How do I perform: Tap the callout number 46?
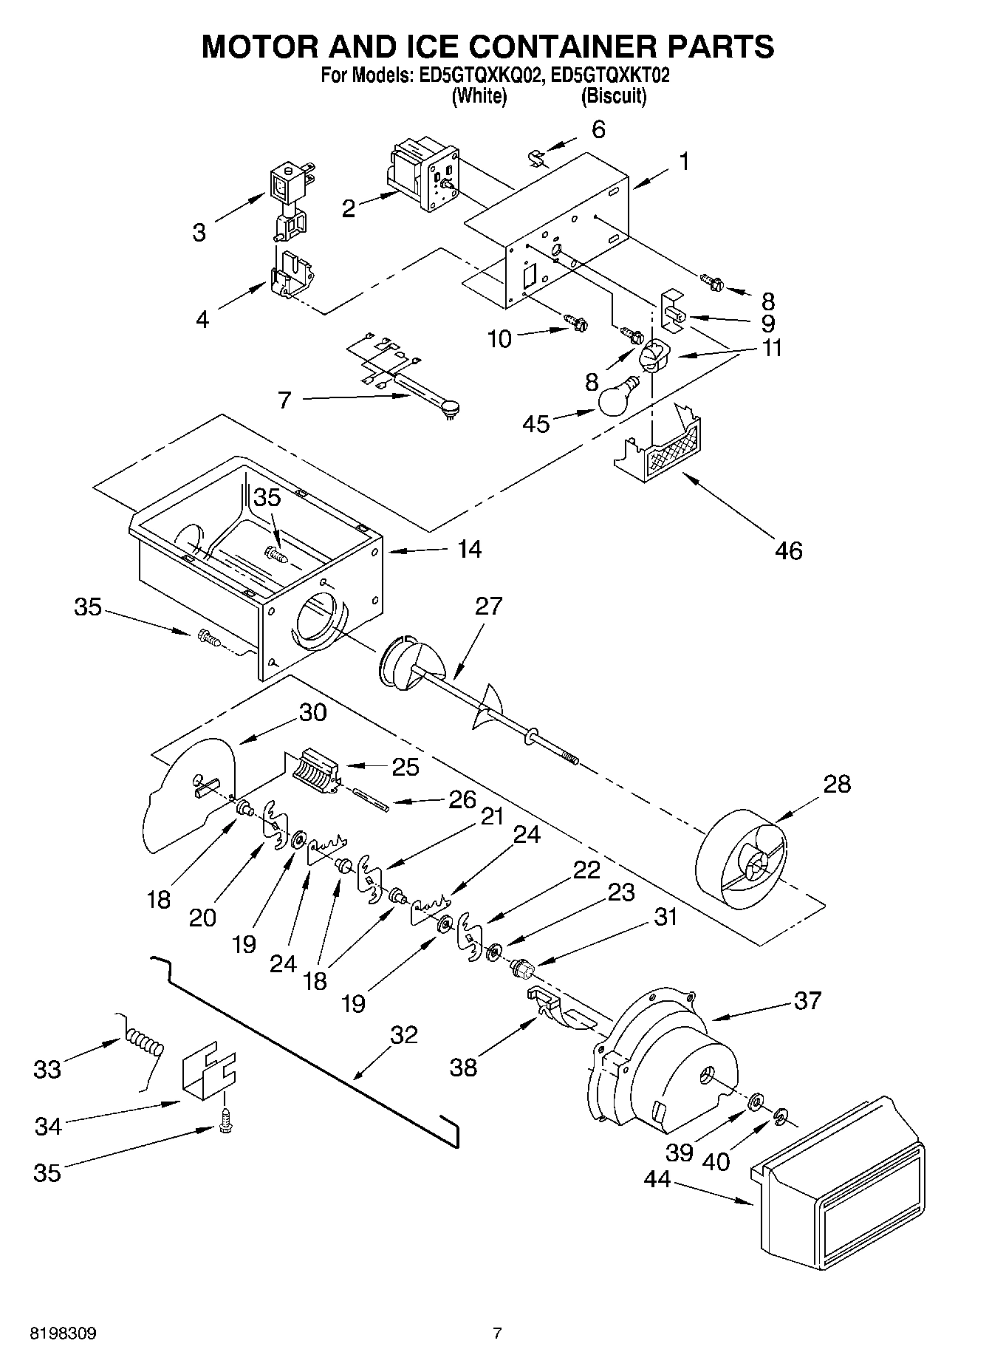pos(788,550)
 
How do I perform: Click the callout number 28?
pos(837,784)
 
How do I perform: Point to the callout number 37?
pos(807,1000)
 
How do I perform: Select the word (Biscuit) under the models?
pos(614,96)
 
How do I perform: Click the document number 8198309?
pos(63,1333)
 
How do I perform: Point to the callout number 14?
pos(470,549)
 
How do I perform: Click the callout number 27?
pos(488,606)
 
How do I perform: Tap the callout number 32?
pos(403,1034)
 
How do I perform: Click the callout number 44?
pos(657,1180)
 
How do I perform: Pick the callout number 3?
pos(199,233)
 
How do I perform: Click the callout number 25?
pos(405,767)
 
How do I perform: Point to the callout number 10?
pos(500,339)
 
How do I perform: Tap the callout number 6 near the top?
pos(598,129)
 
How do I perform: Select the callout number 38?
pos(463,1068)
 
